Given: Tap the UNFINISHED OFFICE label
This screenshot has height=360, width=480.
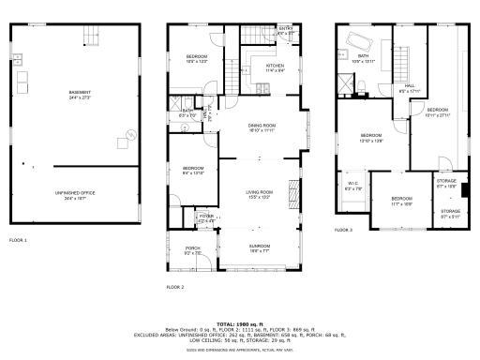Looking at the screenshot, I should coord(73,196).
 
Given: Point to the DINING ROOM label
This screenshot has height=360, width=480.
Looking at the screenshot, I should coord(262,127).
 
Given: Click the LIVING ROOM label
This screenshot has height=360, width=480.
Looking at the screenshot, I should coord(259,195).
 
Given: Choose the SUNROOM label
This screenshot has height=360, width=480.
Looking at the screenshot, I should coord(259,249).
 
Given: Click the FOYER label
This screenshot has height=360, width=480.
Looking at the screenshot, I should coord(205,218).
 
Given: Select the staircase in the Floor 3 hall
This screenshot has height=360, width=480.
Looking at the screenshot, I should coord(404,60).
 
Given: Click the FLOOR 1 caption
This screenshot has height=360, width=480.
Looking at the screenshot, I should coord(19,241).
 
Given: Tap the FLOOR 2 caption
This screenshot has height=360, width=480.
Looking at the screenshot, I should coord(175,286).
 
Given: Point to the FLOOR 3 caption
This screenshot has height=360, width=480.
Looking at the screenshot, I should coord(344,230).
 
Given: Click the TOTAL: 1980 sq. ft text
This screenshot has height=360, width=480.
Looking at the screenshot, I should coord(240,322).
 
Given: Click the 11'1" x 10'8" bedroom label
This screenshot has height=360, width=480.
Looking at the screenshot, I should coord(400,200).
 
